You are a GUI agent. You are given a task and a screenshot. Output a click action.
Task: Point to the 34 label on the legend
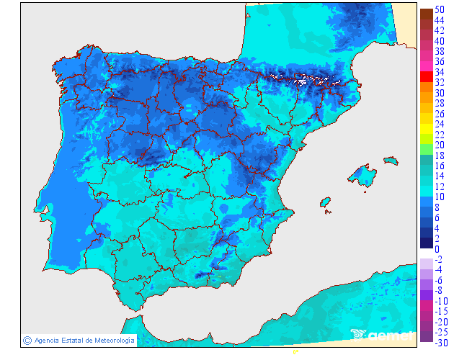440,73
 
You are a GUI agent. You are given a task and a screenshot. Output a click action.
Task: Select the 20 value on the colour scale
440,145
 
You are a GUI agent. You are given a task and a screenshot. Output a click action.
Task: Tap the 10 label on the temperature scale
440,197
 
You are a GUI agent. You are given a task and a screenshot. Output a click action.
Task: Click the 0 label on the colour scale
437,249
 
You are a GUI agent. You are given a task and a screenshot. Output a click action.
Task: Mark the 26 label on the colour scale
440,114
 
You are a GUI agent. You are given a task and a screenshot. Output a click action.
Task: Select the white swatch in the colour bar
426,253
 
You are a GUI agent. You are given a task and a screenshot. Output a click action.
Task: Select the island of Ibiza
326,204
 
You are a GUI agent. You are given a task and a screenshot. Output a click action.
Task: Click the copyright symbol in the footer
27,340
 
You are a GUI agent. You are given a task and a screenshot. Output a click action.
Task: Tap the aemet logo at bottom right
382,334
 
